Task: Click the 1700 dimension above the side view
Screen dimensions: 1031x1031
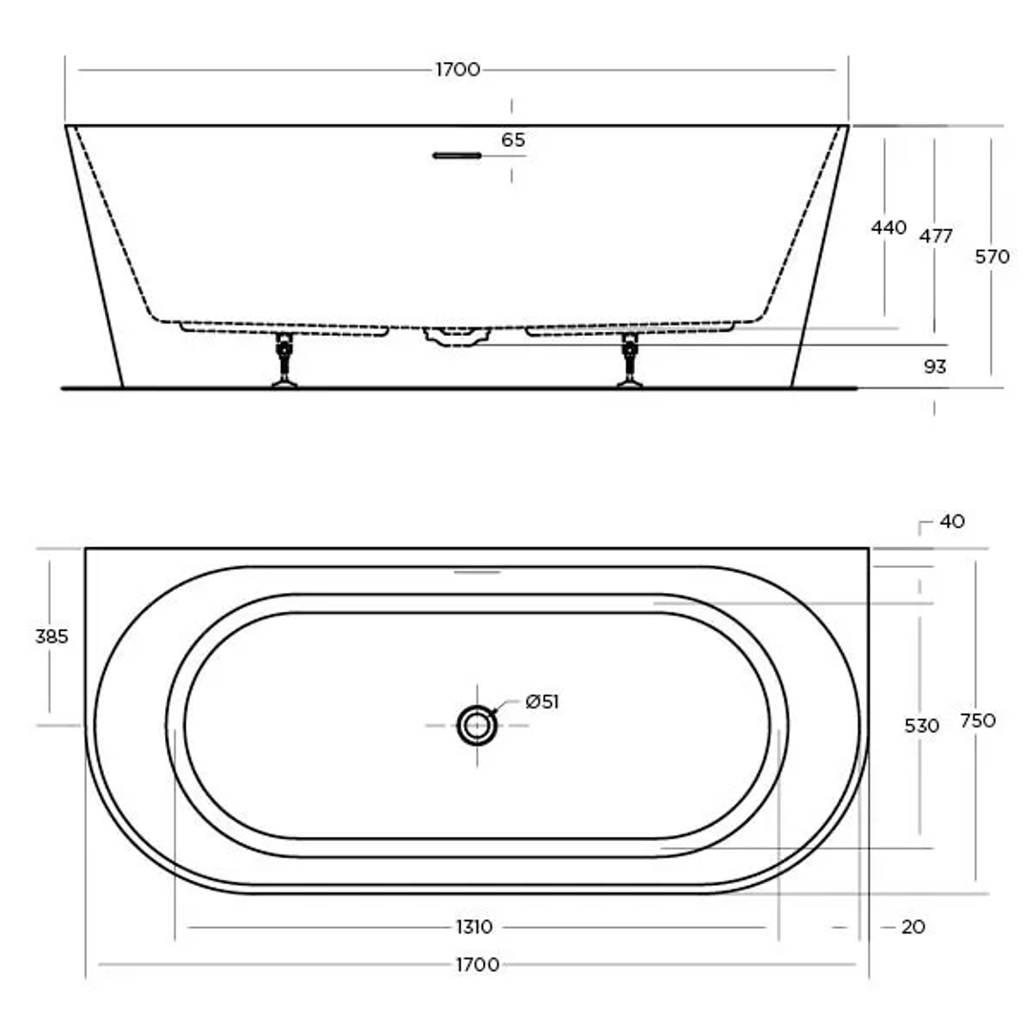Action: coord(457,70)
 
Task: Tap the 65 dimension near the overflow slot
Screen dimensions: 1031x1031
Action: coord(513,140)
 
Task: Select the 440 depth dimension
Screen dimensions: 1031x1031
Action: coord(889,228)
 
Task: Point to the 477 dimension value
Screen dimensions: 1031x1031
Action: coord(936,236)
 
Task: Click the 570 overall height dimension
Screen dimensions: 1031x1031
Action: coord(993,256)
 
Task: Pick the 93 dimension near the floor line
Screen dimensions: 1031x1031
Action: coord(936,367)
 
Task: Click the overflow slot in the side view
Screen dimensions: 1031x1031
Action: coord(457,155)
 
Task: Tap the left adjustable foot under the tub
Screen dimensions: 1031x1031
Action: coord(284,361)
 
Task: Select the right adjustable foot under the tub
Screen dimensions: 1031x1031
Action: coord(629,361)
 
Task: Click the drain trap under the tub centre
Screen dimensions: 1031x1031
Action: coord(457,336)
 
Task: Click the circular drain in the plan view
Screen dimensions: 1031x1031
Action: coord(476,726)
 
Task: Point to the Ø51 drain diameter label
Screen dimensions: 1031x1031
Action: coord(541,703)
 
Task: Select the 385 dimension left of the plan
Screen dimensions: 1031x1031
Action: coord(52,637)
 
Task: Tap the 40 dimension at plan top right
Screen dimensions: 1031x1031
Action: coord(952,522)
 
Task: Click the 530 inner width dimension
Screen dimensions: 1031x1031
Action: coord(921,726)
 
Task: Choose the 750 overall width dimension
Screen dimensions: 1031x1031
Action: coord(978,721)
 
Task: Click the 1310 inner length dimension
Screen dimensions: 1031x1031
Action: coord(473,927)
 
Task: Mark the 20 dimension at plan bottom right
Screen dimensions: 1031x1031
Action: coord(913,927)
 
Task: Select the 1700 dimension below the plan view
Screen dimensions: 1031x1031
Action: coord(476,965)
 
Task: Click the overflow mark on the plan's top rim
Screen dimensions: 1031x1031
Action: coord(476,572)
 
